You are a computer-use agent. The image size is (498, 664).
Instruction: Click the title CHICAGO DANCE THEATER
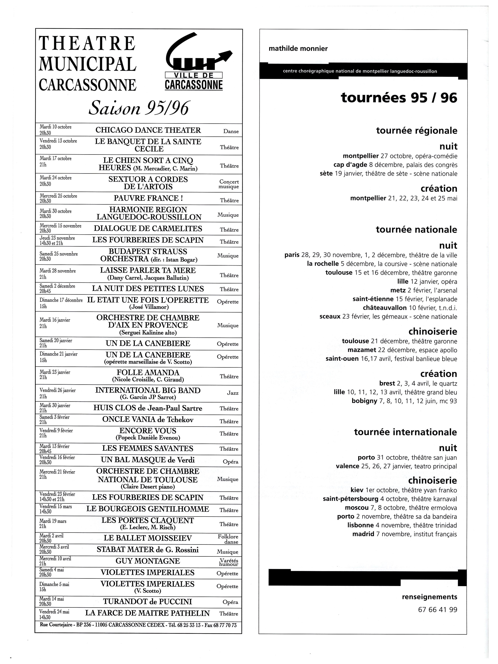pyautogui.click(x=148, y=130)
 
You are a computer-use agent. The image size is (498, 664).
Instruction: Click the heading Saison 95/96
pyautogui.click(x=139, y=108)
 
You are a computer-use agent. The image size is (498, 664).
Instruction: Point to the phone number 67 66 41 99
pyautogui.click(x=437, y=610)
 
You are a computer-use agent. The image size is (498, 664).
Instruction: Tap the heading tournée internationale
pyautogui.click(x=405, y=432)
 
